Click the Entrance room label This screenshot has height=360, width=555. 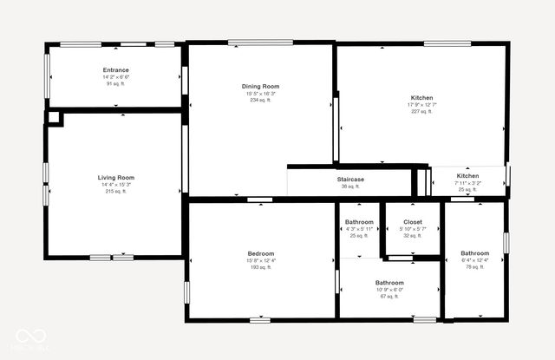[115, 70]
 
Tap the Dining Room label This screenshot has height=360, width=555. [260, 87]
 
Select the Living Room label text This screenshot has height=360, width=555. [116, 178]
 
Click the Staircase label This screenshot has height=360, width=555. [350, 180]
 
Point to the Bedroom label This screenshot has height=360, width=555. [260, 254]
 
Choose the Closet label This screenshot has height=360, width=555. [413, 222]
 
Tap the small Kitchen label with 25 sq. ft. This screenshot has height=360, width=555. [468, 176]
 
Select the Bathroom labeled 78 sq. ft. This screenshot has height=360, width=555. [474, 254]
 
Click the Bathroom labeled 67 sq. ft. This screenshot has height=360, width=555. [389, 283]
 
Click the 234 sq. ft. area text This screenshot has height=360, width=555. [260, 101]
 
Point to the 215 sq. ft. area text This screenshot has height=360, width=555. [116, 192]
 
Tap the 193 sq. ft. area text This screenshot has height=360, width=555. [260, 268]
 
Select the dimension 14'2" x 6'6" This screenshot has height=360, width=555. [115, 77]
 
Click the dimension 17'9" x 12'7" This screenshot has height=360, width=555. [421, 105]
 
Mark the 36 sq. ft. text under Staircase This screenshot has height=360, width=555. [350, 187]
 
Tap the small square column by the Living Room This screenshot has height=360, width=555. [53, 117]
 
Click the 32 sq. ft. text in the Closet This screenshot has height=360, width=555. [413, 236]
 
